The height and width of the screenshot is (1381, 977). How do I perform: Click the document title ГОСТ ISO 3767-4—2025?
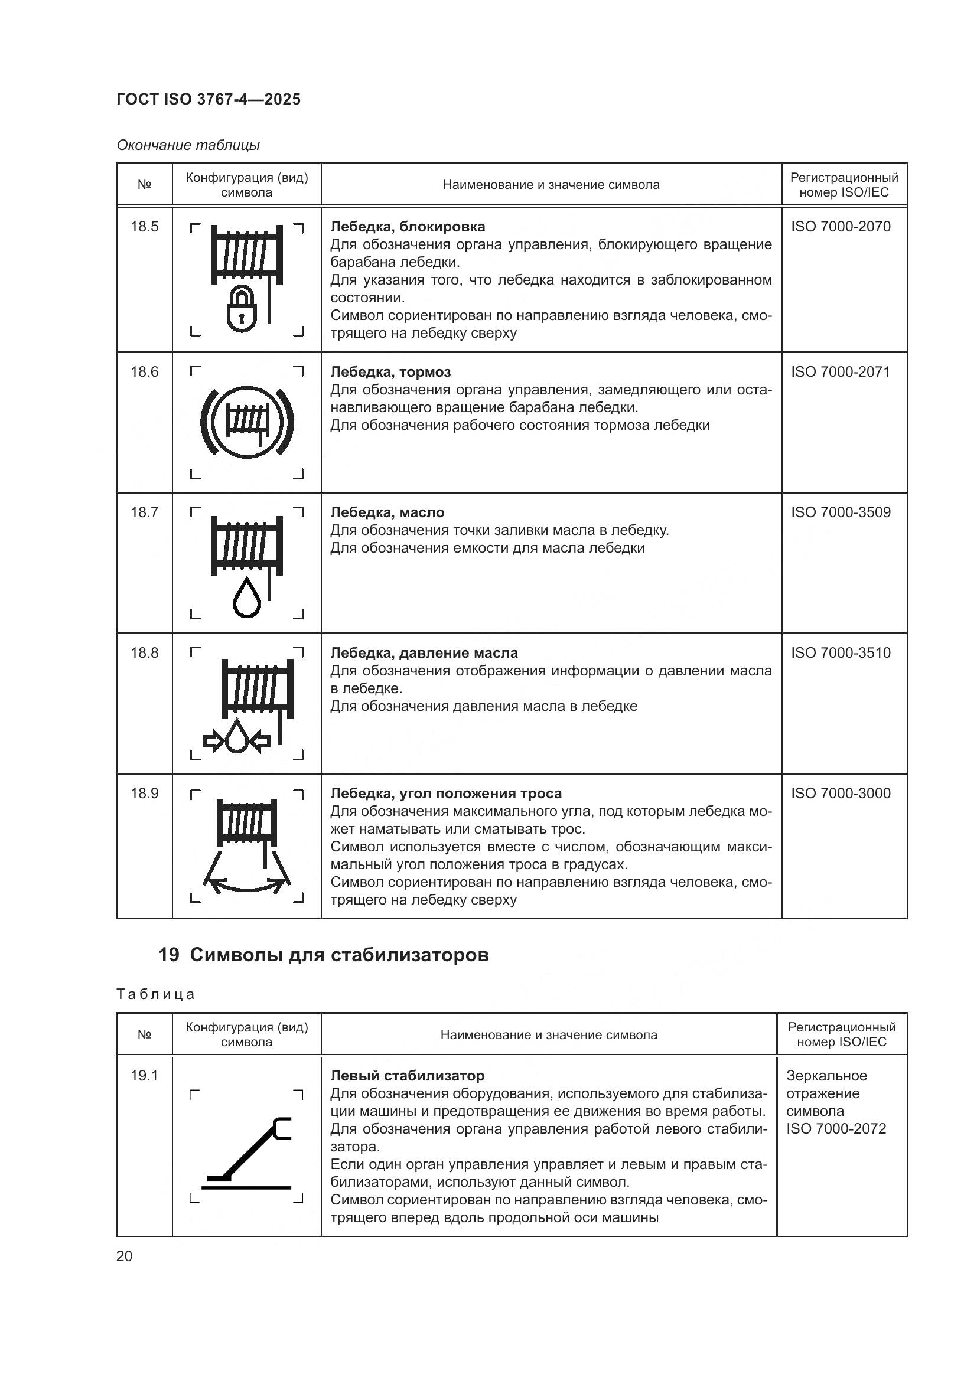coord(208,99)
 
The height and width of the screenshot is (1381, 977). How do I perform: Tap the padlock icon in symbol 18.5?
coord(242,311)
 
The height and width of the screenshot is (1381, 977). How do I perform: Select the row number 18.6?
coord(144,372)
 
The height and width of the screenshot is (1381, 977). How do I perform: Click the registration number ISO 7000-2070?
coord(841,227)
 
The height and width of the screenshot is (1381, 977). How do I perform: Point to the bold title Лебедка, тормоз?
coord(390,372)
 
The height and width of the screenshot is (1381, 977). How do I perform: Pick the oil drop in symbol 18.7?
coord(247,598)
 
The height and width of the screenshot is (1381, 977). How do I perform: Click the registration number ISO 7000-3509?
coord(841,512)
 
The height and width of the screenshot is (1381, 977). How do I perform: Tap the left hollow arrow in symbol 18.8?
coord(214,742)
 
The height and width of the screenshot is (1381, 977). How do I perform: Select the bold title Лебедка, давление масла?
coord(424,653)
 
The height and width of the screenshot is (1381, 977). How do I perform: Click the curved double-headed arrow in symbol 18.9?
coord(247,887)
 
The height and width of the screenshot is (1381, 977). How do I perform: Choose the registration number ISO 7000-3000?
coord(841,794)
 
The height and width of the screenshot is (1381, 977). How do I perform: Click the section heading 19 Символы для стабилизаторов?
coord(324,955)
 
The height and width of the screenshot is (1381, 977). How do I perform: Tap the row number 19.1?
coord(144,1075)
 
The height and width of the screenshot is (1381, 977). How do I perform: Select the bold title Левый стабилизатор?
coord(408,1075)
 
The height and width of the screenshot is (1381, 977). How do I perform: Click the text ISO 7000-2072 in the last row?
coord(836,1129)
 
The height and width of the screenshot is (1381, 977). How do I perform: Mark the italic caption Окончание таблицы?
coord(188,145)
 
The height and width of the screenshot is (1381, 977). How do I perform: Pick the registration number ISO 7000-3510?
coord(841,653)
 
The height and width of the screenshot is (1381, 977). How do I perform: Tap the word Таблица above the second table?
coord(156,994)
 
